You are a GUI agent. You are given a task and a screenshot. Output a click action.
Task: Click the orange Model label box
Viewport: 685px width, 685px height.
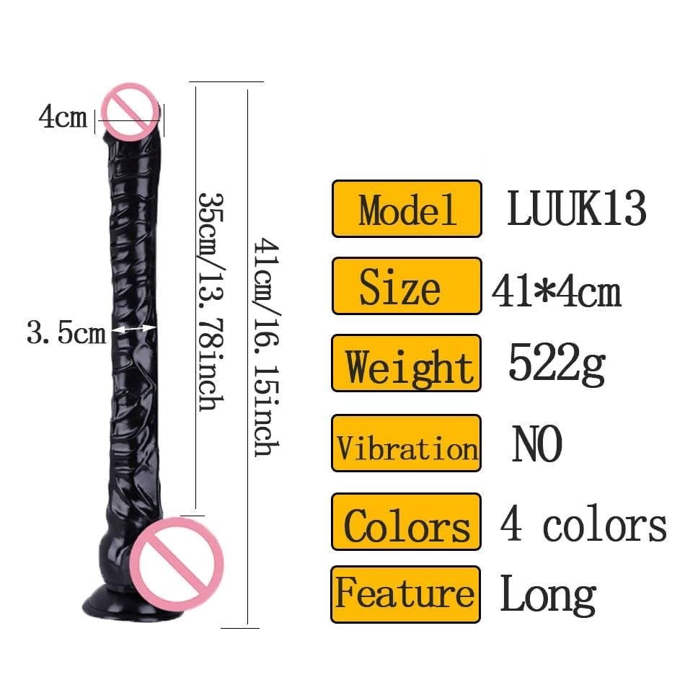[406, 209]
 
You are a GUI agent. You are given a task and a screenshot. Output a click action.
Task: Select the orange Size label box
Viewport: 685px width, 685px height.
[406, 286]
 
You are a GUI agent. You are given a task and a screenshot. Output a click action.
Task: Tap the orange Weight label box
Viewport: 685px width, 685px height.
[406, 363]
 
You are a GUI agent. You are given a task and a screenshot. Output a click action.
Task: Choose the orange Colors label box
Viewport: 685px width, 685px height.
[406, 521]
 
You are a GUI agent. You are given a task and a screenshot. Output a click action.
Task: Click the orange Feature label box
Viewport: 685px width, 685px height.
[406, 594]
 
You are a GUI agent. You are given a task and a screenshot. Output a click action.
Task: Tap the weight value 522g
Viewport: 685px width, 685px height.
[556, 363]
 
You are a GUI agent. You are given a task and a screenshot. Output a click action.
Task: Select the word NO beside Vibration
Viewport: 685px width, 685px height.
[536, 445]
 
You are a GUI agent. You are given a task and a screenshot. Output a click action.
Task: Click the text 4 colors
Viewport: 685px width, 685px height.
[583, 524]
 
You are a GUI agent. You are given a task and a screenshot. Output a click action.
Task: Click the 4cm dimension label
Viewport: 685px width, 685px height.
[63, 117]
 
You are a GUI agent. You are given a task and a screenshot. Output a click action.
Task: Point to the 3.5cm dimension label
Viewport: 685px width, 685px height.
[66, 333]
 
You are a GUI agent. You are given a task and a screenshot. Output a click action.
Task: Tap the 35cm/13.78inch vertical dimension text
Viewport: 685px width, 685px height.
[209, 301]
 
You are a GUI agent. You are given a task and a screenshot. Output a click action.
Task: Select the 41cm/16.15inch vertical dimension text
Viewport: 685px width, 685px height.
[263, 348]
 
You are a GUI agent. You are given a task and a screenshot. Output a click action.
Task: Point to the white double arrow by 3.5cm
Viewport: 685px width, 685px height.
[136, 329]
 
